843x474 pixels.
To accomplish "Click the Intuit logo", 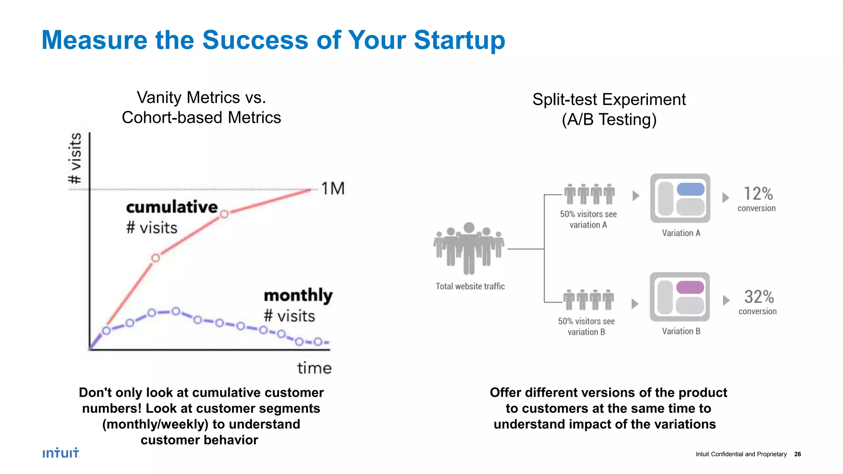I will pos(61,453).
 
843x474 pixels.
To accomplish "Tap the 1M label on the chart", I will pos(333,189).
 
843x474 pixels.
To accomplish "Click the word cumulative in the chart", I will pos(172,207).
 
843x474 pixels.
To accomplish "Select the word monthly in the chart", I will pos(298,295).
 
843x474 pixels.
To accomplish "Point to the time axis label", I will pos(314,368).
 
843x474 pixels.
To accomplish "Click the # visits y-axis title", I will pos(75,158).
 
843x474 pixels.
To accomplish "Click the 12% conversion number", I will pos(758,194).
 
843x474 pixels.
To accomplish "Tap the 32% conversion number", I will pos(759,297).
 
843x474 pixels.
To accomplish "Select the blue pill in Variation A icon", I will pos(690,189).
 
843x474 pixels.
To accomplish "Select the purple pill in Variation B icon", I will pos(690,287).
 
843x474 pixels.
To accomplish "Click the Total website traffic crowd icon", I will pos(469,249).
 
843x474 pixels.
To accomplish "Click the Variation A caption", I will pos(681,233).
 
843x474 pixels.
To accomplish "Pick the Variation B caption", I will pos(681,331).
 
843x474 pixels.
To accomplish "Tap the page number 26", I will pos(797,454).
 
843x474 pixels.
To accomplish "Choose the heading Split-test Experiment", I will pos(609,100).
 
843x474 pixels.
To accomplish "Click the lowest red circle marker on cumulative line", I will pos(156,258).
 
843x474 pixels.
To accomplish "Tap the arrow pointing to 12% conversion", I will pos(726,197).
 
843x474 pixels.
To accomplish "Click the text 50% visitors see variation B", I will pos(586,326).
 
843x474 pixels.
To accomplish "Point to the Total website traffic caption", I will pos(470,286).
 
